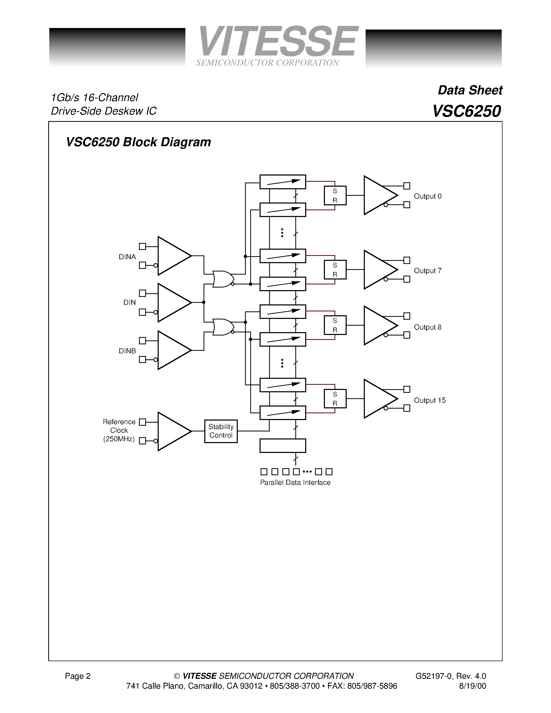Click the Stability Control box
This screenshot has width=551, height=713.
221,431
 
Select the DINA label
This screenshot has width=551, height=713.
127,257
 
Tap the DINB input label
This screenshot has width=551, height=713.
127,351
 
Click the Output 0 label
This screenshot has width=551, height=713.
427,196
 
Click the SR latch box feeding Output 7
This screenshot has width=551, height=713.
335,270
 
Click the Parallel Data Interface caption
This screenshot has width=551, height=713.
295,483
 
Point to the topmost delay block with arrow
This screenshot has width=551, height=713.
283,182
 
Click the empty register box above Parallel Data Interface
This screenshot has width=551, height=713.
283,446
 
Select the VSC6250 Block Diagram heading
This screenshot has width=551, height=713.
138,142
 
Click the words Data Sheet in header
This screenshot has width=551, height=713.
470,90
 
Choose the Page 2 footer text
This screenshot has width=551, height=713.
78,676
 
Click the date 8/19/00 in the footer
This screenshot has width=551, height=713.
472,686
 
